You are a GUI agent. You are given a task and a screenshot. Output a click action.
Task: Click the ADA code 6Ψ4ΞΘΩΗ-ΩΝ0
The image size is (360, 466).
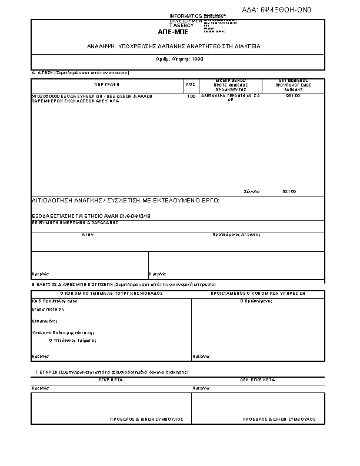pos(280,10)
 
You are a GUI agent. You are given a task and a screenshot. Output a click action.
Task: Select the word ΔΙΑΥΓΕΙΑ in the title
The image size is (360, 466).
pos(248,45)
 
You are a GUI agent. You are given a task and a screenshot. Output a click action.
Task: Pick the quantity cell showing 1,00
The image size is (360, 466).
pos(191,95)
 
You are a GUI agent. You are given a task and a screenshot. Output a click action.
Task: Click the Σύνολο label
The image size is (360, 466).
pos(252,191)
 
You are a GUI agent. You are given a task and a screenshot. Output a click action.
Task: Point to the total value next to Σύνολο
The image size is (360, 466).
pos(289,191)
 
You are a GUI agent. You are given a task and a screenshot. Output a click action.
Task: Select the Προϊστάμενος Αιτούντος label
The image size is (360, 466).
pos(236,234)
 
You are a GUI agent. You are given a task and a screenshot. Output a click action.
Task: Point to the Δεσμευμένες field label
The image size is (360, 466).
pos(44,321)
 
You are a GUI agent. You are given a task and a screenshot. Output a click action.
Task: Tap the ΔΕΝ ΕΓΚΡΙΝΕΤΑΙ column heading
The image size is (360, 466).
pos(257,381)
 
